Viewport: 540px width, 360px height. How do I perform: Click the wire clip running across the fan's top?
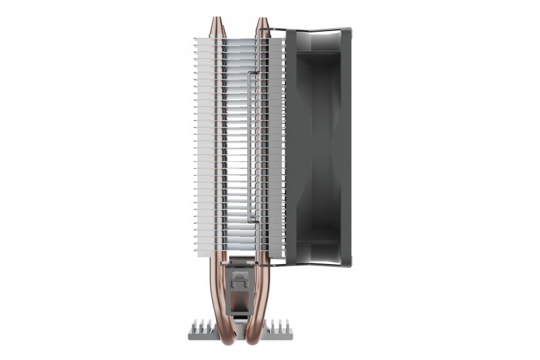[x=317, y=30]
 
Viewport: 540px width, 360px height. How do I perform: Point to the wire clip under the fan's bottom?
[x=317, y=265]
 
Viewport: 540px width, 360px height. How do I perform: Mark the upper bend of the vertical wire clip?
[x=252, y=72]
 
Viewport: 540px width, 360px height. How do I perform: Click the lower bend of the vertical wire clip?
[x=252, y=221]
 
